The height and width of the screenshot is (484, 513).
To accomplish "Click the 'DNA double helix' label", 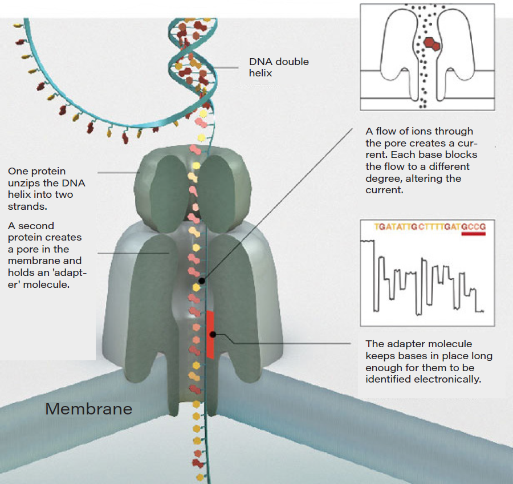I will (279, 67).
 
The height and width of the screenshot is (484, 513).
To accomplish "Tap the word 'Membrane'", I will (88, 409).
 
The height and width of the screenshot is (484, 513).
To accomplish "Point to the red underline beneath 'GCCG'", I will (474, 234).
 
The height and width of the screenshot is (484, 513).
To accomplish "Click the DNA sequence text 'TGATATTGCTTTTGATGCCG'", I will (430, 226).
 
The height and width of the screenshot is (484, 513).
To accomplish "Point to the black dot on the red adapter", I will (214, 334).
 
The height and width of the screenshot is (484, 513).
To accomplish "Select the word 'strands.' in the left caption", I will (26, 206).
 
